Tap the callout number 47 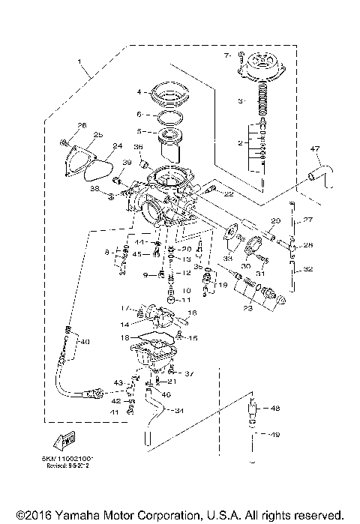click(316, 151)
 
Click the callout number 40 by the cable click(84, 342)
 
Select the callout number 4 click(138, 92)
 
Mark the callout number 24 click(116, 146)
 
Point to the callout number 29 click(275, 220)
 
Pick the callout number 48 click(274, 409)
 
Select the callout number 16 click(191, 313)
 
